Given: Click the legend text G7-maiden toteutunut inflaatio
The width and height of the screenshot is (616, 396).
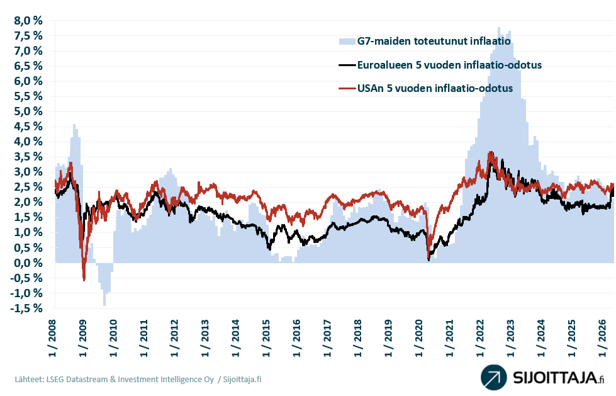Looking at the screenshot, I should point(434,42).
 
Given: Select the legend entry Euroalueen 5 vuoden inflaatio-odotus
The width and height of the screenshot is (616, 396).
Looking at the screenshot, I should point(449,65).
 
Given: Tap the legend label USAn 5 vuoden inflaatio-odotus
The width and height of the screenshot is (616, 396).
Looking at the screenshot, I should point(435,88).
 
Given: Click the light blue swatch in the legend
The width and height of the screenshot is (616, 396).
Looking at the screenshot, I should point(347,42).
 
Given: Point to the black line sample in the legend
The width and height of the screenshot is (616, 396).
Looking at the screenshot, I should point(347,65).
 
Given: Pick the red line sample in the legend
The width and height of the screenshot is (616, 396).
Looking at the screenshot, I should point(347,88).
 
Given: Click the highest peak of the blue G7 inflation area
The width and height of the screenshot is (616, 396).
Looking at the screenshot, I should point(499,28).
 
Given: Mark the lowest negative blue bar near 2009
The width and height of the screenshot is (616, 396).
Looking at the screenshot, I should point(104,305).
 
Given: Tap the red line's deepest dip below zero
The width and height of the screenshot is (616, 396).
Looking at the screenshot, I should point(84,280).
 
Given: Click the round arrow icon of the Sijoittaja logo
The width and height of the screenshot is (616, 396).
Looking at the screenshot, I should point(494,377).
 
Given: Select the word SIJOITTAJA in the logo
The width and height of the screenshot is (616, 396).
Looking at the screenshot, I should point(554,378).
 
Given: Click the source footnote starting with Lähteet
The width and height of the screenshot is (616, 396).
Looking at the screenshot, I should point(138,379).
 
